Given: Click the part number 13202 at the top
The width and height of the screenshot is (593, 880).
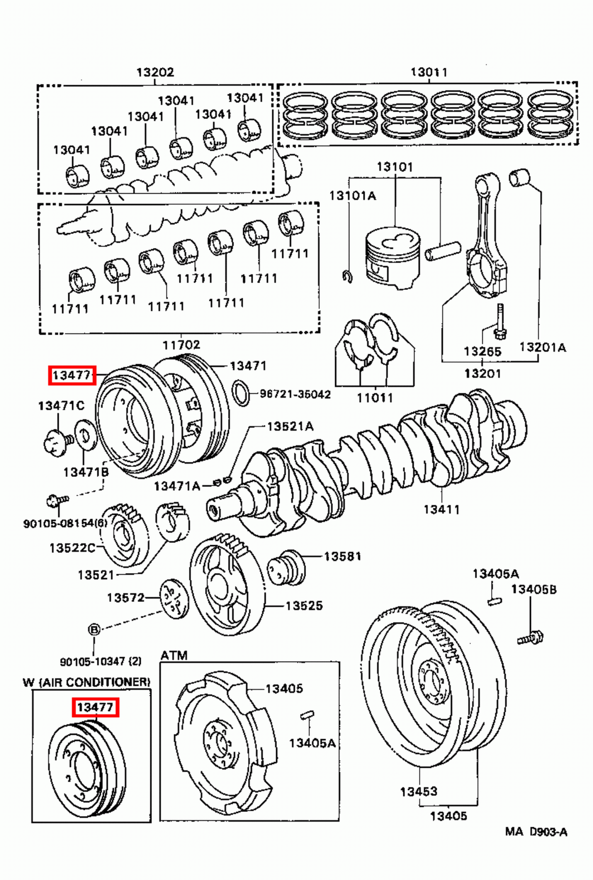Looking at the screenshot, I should [155, 72].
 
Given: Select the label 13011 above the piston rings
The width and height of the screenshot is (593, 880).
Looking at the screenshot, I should [429, 72].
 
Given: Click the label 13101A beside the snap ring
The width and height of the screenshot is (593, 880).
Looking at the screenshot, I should [352, 196].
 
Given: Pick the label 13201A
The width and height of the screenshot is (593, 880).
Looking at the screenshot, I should [542, 347].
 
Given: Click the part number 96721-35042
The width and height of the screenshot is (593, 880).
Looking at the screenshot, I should [295, 394].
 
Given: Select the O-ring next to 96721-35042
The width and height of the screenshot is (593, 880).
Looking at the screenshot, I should [241, 393].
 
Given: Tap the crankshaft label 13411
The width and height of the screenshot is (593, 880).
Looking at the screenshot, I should [441, 509].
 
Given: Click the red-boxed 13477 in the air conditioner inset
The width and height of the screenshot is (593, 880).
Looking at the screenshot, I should [95, 707].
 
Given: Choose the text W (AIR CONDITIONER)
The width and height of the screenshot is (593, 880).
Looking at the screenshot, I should [86, 682].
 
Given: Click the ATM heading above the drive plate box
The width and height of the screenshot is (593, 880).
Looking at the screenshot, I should [174, 655].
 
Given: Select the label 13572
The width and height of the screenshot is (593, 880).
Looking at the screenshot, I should [125, 597].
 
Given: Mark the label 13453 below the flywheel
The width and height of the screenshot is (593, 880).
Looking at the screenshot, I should [418, 791].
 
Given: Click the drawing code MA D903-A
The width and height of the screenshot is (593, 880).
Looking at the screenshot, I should [535, 832].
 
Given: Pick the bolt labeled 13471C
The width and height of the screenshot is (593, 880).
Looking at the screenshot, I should [56, 440].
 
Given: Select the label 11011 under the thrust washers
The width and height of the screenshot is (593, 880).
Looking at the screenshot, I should [375, 397].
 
